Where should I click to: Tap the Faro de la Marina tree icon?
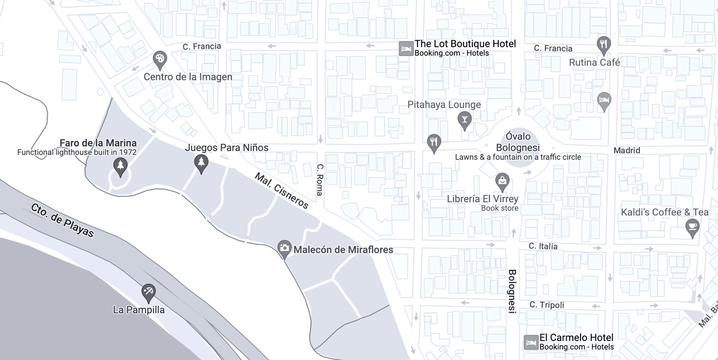click(120, 166)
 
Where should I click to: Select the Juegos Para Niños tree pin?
click(201, 163)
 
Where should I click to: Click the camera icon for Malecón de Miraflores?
click(284, 249)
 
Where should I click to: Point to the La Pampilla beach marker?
click(149, 292)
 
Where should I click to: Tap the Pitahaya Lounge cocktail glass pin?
click(464, 120)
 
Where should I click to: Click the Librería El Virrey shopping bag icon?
click(502, 181)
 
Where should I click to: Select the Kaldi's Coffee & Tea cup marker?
click(692, 227)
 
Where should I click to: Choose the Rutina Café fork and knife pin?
click(604, 45)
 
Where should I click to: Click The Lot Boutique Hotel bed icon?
click(406, 49)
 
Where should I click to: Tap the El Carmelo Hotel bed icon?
click(530, 343)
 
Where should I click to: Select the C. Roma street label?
click(320, 179)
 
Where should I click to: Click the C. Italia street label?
click(543, 247)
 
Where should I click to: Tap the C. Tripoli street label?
click(547, 305)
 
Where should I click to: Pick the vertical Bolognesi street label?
click(512, 291)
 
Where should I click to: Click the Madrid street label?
click(627, 150)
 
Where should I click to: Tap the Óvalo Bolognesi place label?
click(518, 142)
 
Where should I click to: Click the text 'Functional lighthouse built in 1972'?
click(77, 152)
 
